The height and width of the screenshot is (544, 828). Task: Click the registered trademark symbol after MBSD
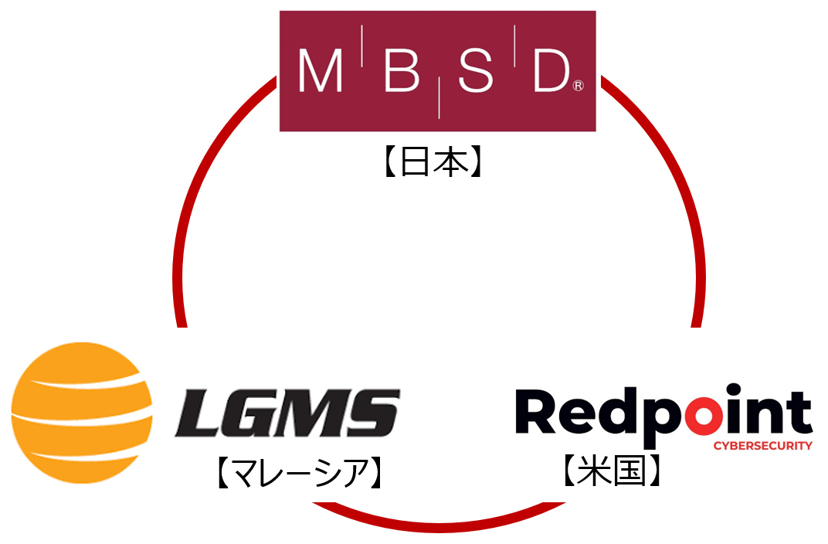pyautogui.click(x=578, y=87)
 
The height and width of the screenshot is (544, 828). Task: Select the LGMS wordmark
pyautogui.click(x=287, y=414)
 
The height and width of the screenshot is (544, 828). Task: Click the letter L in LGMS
pyautogui.click(x=199, y=414)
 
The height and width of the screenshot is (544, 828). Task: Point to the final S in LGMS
pyautogui.click(x=373, y=414)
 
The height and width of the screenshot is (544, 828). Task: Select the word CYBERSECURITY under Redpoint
pyautogui.click(x=762, y=446)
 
